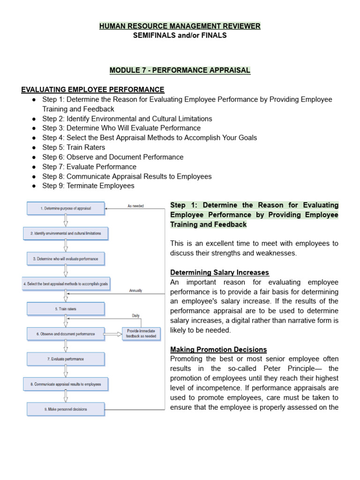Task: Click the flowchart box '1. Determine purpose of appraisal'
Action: (66, 208)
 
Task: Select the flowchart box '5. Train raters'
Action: (66, 308)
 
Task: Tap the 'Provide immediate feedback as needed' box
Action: (142, 334)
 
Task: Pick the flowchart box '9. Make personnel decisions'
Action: (66, 409)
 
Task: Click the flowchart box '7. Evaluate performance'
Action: (66, 359)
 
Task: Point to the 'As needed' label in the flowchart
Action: (135, 205)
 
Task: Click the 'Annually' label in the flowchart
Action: (135, 291)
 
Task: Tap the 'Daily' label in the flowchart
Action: (135, 315)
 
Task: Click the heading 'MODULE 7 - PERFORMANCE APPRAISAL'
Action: (180, 70)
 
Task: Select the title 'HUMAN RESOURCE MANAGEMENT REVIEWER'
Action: (180, 26)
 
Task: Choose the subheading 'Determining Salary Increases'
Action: (219, 272)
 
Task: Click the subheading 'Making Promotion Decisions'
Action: (218, 349)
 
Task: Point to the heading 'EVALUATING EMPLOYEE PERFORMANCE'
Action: (93, 90)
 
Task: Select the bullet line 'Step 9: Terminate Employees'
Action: (88, 186)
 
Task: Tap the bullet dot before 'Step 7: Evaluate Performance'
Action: (34, 167)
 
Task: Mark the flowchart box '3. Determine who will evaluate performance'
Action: (66, 258)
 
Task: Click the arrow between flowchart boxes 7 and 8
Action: (66, 372)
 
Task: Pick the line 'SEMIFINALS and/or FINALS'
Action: (180, 36)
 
